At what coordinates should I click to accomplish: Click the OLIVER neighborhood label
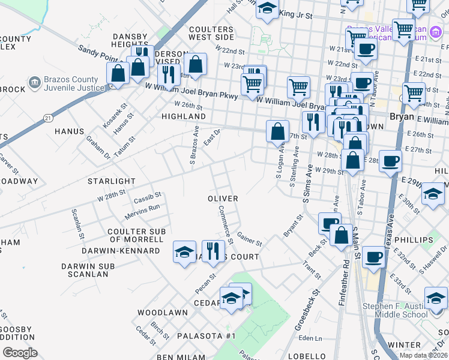pyautogui.click(x=223, y=199)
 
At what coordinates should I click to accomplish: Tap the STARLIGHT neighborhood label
pyautogui.click(x=112, y=181)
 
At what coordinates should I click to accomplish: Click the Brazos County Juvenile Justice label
pyautogui.click(x=71, y=84)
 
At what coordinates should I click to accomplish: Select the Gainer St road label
pyautogui.click(x=249, y=239)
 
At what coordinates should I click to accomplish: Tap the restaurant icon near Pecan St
pyautogui.click(x=213, y=251)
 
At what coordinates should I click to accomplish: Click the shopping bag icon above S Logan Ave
pyautogui.click(x=277, y=131)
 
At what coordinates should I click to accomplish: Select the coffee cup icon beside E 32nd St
pyautogui.click(x=373, y=256)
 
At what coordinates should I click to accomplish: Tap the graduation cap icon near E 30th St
pyautogui.click(x=432, y=194)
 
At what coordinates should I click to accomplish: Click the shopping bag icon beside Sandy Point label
pyautogui.click(x=118, y=73)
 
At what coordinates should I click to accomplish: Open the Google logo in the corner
pyautogui.click(x=20, y=353)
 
